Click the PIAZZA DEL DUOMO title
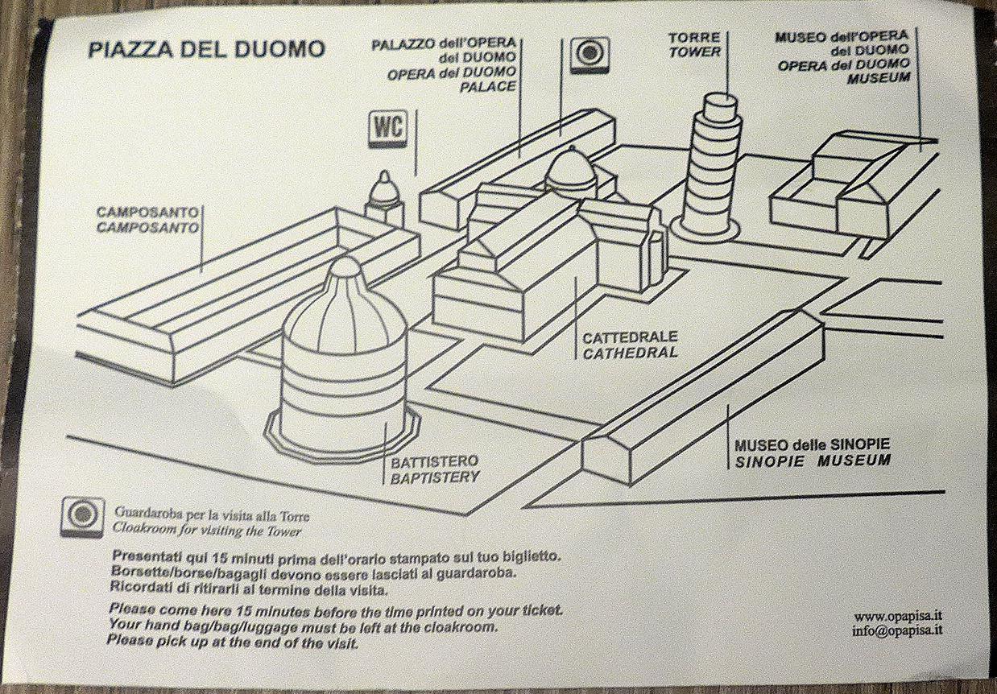[206, 50]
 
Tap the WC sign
[386, 128]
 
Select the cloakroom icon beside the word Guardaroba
[83, 516]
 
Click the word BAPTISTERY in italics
[435, 477]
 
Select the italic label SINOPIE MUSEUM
[813, 461]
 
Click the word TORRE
[694, 38]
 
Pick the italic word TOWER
[694, 52]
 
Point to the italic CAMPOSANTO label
[147, 228]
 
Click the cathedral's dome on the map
[570, 170]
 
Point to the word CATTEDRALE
[630, 337]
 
